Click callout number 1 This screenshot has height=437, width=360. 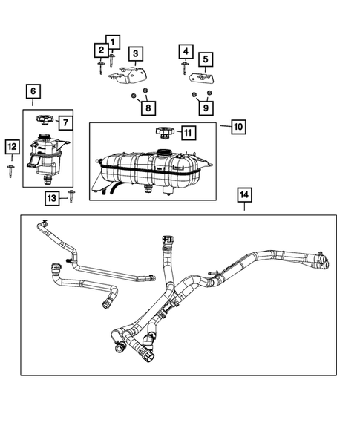coord(112,42)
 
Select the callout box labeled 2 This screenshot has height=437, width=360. coord(100,50)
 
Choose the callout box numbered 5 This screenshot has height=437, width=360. coord(203,59)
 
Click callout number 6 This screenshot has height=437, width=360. coord(33,92)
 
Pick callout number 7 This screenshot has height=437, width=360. coord(65,122)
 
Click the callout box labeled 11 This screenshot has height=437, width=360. coord(188,133)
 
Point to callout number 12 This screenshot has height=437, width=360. coord(11,148)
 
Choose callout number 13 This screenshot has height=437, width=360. coord(51,197)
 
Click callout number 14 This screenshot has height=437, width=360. coord(244,195)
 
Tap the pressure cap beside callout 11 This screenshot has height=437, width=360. coord(164,132)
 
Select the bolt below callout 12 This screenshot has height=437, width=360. coord(11,169)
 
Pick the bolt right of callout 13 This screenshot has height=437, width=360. coord(71,196)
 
